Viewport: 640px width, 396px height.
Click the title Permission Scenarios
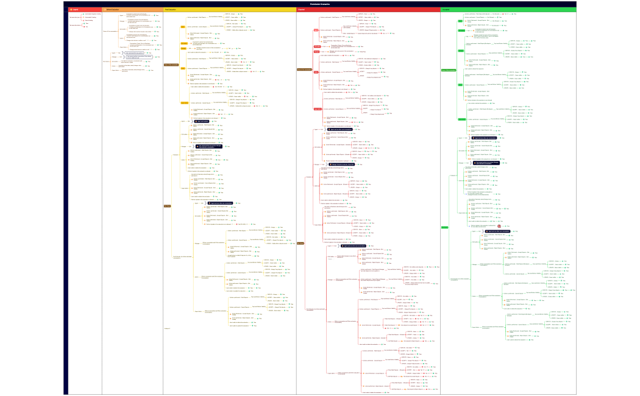click(x=319, y=3)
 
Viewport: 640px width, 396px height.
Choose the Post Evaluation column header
click(x=174, y=10)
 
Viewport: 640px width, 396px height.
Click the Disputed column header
click(x=302, y=10)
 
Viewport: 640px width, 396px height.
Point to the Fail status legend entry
click(x=87, y=27)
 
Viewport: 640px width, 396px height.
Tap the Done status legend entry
click(x=87, y=24)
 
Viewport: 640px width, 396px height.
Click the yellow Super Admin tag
click(x=184, y=102)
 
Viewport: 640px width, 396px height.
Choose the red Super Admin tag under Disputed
click(x=318, y=108)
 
